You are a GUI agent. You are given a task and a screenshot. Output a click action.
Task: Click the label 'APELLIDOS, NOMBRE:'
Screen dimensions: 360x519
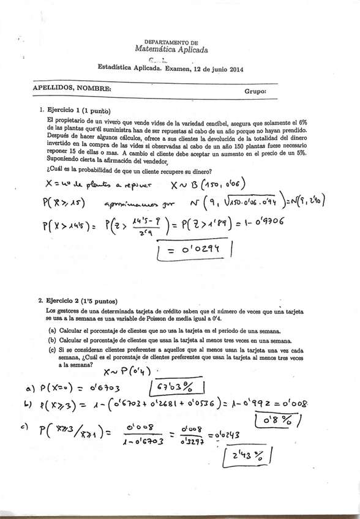click(x=72, y=88)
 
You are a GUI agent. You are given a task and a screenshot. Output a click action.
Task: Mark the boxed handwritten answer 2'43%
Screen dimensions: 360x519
click(x=244, y=455)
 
